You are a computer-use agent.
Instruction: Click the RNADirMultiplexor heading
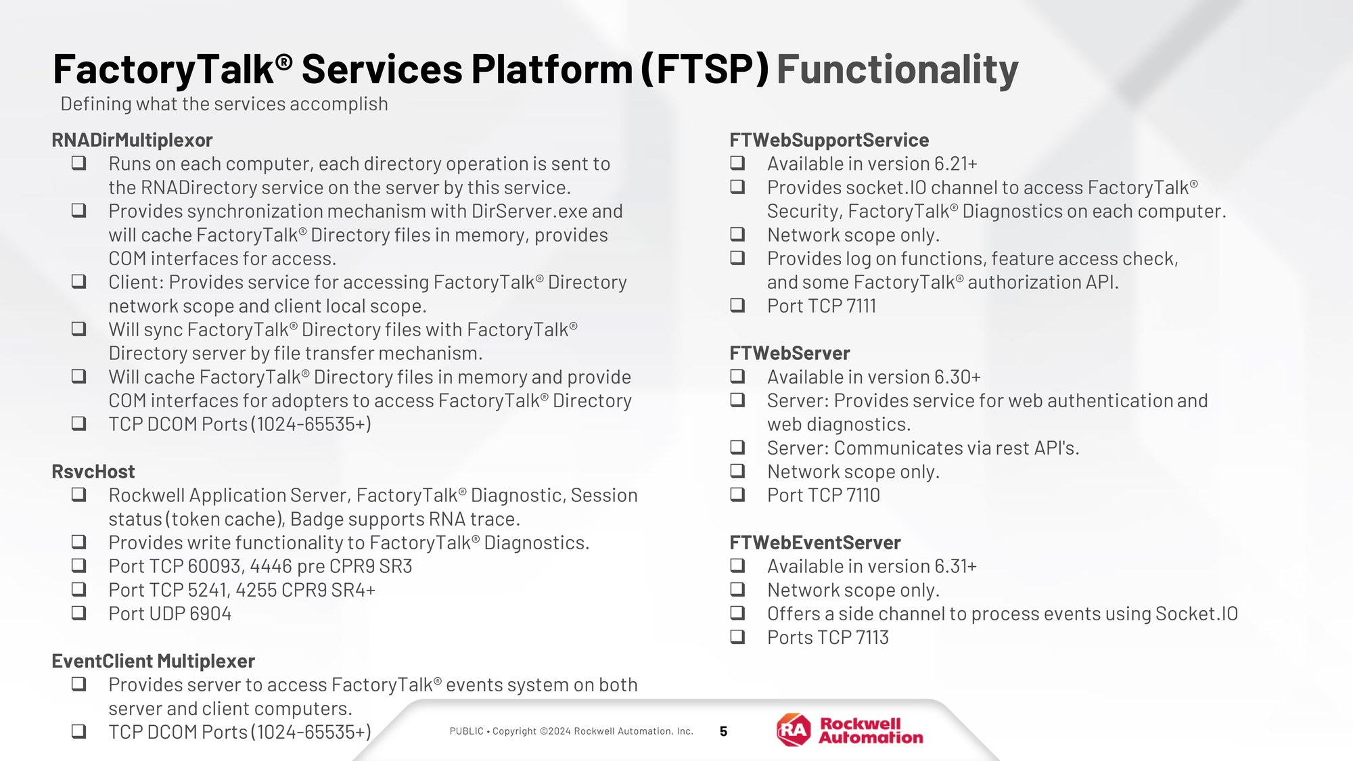pos(132,140)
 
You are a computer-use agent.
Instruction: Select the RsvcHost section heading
pos(93,471)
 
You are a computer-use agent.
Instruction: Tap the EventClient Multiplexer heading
pos(154,661)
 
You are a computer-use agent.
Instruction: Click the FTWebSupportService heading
pos(829,140)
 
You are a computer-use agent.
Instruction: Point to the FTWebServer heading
pos(789,353)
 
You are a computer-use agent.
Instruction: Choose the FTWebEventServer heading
pos(815,543)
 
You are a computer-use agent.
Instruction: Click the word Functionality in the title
pos(897,70)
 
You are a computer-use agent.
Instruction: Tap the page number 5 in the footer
pos(723,731)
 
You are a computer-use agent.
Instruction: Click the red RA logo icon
pos(794,730)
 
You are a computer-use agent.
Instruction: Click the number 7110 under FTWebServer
pos(863,495)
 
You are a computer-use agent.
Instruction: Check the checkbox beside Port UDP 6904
pos(79,612)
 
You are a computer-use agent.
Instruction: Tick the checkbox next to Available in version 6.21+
pos(737,162)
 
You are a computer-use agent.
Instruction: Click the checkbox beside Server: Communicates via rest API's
pos(737,446)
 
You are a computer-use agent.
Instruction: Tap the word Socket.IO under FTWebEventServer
pos(1197,614)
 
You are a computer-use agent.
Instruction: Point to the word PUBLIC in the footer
pos(467,731)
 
